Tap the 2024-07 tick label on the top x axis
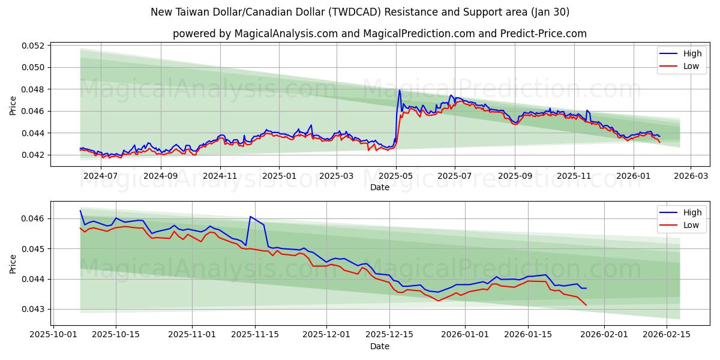pos(100,176)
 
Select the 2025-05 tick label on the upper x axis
pos(396,176)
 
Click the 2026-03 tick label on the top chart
pos(691,176)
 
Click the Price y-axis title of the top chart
pos(13,106)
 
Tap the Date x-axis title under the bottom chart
pos(379,346)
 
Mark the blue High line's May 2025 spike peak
pos(400,91)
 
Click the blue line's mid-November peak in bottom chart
pos(250,216)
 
